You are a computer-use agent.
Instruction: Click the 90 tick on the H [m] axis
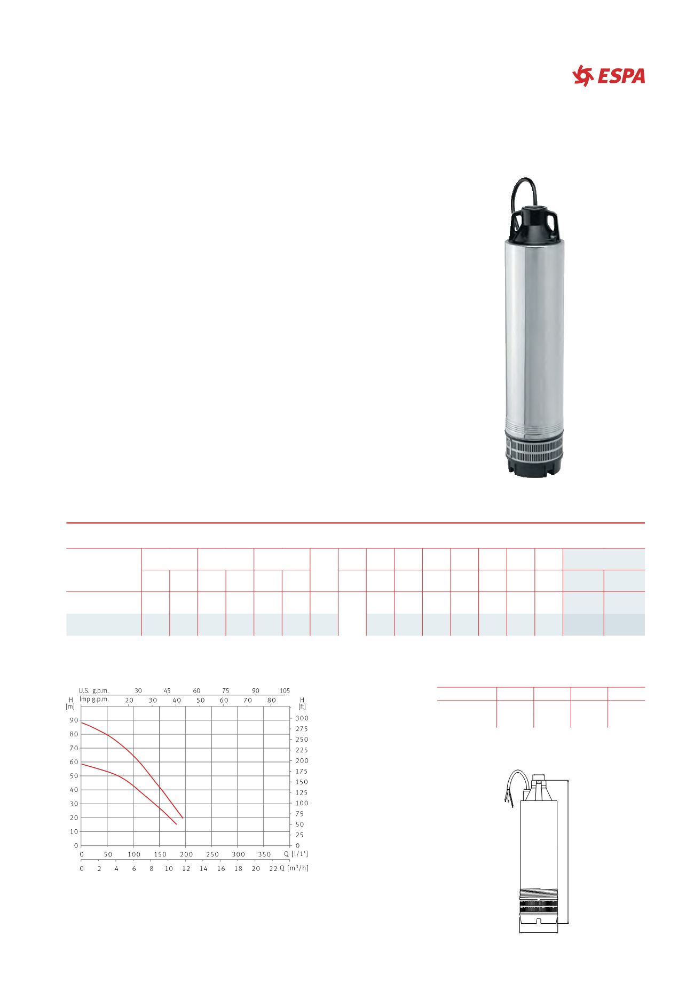(x=74, y=720)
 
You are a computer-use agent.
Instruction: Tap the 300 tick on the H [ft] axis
(x=302, y=718)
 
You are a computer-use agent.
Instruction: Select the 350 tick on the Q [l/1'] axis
(x=265, y=854)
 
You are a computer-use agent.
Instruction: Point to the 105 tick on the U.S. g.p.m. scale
(x=285, y=690)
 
